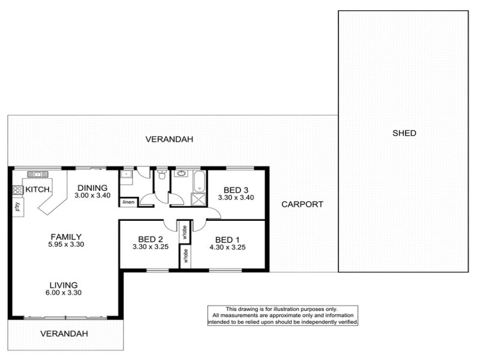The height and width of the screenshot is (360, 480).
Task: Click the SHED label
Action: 404,133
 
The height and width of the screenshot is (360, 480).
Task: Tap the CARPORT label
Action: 302,204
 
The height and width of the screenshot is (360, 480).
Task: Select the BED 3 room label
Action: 236,190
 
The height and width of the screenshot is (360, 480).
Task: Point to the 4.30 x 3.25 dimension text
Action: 227,247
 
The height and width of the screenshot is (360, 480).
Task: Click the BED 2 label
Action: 151,239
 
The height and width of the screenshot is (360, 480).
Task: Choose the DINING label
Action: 92,188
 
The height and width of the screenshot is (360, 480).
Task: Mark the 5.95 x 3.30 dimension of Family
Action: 66,244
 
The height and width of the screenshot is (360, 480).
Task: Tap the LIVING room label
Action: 64,286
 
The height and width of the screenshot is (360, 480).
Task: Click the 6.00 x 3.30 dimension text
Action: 64,293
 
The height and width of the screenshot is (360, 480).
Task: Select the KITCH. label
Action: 38,190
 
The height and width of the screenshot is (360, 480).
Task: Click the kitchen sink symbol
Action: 38,175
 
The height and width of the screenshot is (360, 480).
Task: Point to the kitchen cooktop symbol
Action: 17,190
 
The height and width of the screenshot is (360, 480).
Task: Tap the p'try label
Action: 18,206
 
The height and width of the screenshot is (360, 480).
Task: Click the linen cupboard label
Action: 128,202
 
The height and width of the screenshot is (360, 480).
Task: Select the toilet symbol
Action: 161,174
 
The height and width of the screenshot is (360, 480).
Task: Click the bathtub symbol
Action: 200,181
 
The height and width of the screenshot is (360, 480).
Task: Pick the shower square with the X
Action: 199,199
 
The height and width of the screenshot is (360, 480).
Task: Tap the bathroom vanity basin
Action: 182,173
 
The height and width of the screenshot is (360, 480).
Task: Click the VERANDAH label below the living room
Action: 64,334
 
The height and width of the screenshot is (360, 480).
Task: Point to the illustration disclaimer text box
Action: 283,316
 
